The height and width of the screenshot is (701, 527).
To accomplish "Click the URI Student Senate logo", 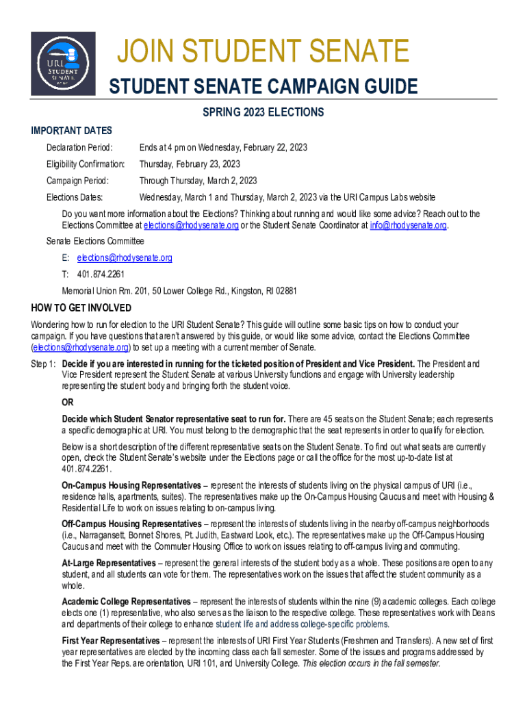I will pos(63,63).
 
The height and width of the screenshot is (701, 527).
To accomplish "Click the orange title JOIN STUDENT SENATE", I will pos(263,51).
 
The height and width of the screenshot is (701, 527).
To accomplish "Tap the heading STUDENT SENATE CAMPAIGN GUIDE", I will pos(263,87).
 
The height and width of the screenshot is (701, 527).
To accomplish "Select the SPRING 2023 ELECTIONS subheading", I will pos(263,112).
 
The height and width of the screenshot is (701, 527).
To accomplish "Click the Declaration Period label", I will pos(79,148).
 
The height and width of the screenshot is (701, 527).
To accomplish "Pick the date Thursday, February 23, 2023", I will pos(190,164).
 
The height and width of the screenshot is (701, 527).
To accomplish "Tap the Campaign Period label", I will pos(77,181).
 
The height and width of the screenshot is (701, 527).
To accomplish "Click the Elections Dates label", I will pos(75,197).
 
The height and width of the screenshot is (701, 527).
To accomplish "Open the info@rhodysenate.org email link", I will pos(408,225).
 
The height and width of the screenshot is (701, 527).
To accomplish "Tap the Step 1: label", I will pos(44,364).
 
